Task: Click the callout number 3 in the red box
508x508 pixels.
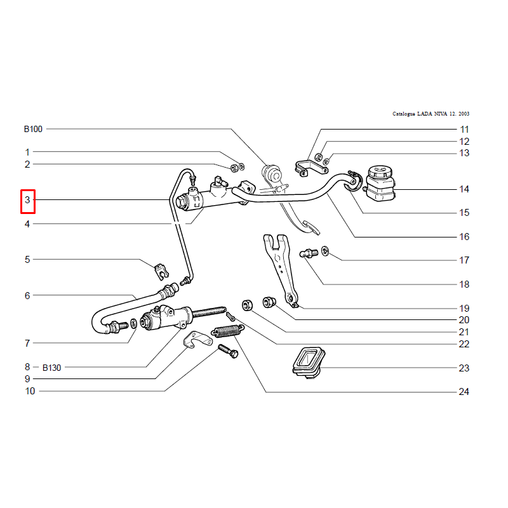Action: click(27, 200)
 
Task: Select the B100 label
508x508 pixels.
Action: click(33, 129)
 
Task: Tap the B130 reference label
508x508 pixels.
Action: click(52, 368)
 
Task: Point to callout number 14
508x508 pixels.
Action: click(464, 189)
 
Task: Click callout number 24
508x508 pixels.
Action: click(464, 392)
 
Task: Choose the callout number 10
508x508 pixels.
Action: click(30, 391)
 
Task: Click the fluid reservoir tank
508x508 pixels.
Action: click(380, 183)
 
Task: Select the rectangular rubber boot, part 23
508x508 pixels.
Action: click(309, 362)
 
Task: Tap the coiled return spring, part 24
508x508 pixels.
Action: click(228, 331)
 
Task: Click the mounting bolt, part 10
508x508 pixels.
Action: click(228, 351)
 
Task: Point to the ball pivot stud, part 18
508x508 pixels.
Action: click(309, 253)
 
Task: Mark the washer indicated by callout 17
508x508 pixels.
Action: click(325, 251)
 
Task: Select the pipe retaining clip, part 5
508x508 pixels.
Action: click(161, 272)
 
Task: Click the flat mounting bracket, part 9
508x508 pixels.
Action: click(197, 340)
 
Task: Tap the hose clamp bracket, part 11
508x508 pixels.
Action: click(311, 168)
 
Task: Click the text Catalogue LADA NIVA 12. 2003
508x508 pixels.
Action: click(431, 114)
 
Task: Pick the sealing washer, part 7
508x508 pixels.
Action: click(134, 323)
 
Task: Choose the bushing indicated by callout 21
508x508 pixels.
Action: click(247, 305)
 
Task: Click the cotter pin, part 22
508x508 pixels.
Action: click(231, 316)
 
